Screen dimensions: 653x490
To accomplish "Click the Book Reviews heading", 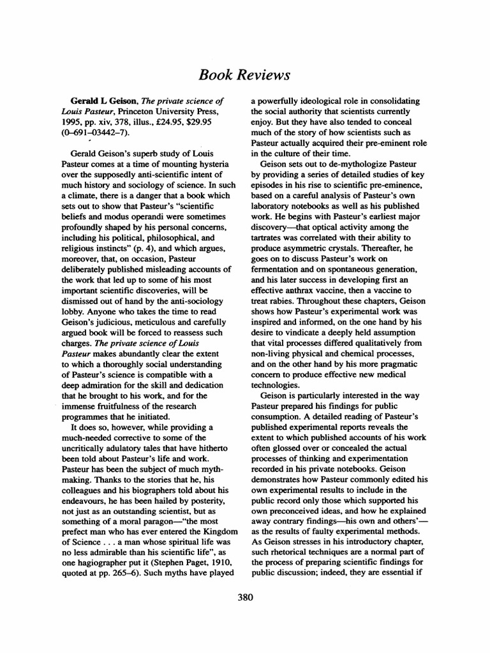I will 245,75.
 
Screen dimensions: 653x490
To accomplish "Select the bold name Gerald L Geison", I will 94,101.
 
